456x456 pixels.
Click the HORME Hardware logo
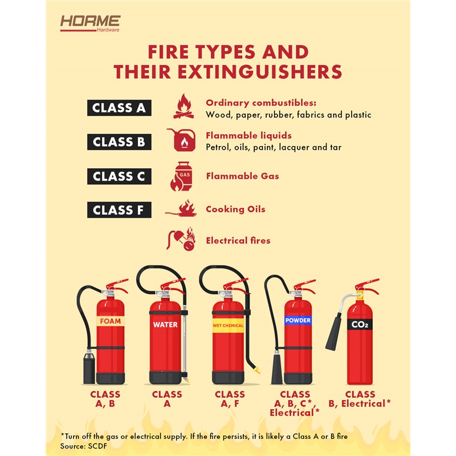click(90, 23)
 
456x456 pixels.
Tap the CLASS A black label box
click(119, 108)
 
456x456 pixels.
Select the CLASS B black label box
click(119, 142)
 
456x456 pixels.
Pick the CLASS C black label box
click(119, 176)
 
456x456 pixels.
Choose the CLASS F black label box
click(119, 210)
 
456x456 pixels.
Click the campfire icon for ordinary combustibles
click(184, 107)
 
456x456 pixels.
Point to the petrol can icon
click(182, 140)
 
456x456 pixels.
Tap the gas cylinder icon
click(181, 176)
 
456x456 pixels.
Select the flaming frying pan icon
click(181, 209)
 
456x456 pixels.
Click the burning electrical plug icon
click(181, 239)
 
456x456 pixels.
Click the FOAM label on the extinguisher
click(111, 321)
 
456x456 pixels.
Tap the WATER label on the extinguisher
click(165, 324)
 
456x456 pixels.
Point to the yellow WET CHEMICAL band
click(228, 325)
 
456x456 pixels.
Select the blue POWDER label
click(298, 320)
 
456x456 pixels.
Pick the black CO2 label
click(360, 324)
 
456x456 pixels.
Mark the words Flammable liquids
click(249, 136)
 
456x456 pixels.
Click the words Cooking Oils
click(235, 209)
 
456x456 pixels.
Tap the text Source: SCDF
click(83, 446)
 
